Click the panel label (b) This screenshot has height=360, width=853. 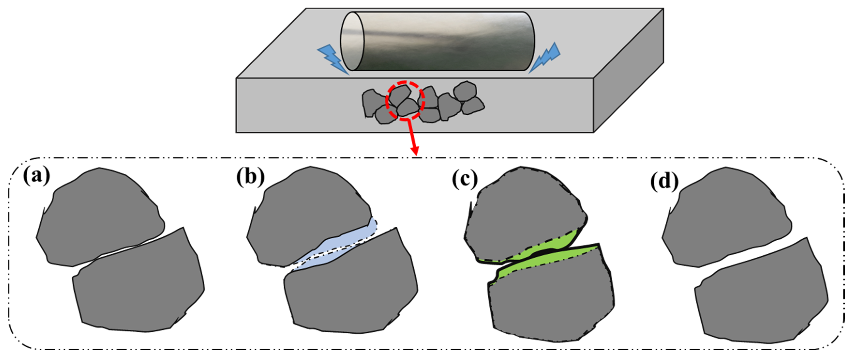(250, 177)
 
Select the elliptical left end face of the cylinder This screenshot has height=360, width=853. (352, 41)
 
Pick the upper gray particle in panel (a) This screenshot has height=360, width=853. (99, 215)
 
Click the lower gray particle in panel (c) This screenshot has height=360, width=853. (550, 298)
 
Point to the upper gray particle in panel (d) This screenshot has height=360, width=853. (725, 215)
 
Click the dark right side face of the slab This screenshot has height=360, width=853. (629, 73)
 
